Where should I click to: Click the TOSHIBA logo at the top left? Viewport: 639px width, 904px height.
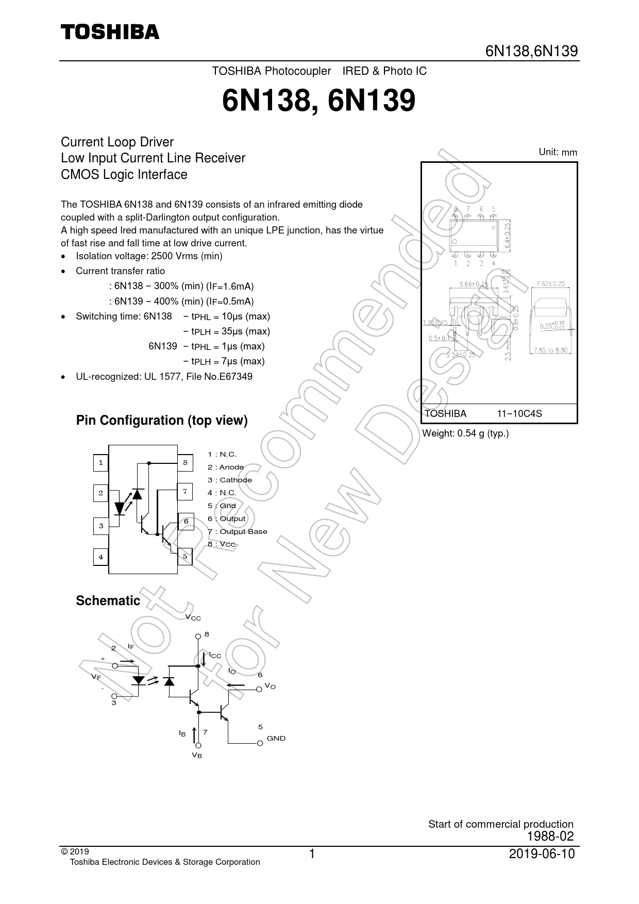point(110,32)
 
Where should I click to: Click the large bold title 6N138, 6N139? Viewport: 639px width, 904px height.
point(318,101)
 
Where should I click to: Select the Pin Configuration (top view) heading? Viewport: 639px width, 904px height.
point(162,421)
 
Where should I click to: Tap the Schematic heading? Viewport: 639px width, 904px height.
point(108,600)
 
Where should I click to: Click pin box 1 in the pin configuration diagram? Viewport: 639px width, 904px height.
point(100,463)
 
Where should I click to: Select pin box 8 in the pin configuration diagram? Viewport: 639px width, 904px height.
point(185,463)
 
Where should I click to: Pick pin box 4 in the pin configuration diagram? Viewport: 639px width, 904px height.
point(100,557)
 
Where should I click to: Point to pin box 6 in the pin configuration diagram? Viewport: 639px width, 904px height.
point(186,522)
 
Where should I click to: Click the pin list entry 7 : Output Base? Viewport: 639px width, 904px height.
point(238,531)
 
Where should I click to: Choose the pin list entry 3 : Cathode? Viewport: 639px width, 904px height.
point(230,480)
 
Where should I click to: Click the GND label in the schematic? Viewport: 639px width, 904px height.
point(276,738)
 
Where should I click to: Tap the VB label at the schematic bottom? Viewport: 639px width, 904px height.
point(197,755)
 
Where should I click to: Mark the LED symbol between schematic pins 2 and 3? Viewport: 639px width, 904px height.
point(138,680)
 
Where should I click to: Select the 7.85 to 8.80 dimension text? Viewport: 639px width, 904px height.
point(551,350)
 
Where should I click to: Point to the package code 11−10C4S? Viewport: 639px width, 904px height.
point(519,413)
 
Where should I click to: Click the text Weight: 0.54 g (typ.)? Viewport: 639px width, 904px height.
point(465,433)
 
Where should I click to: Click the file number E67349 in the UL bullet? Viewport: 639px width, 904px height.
point(236,376)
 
